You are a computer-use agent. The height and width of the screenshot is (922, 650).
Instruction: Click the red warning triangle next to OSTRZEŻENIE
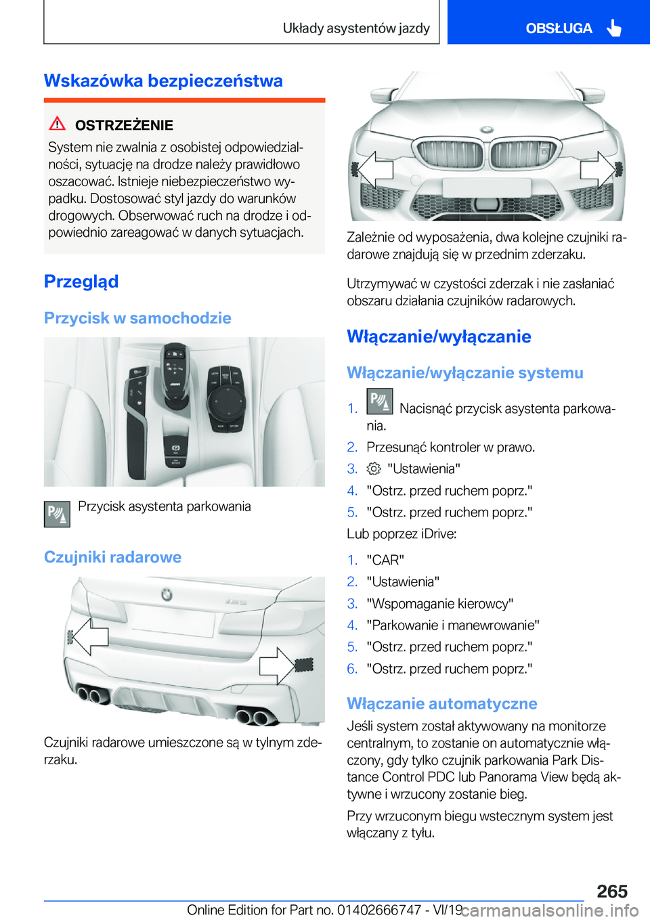point(58,124)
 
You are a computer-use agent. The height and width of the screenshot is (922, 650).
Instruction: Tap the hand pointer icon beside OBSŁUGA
point(614,28)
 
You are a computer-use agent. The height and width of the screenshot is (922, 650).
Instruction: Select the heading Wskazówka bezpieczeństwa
point(163,81)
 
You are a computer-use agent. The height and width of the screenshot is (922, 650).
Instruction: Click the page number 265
point(612,891)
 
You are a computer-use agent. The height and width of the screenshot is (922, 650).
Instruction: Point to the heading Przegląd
point(81,281)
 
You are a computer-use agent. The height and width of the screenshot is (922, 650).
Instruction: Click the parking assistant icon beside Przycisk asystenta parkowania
point(57,514)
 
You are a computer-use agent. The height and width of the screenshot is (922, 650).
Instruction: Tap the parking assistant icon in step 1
point(379,401)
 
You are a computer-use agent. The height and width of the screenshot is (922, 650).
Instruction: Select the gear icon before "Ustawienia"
point(374,468)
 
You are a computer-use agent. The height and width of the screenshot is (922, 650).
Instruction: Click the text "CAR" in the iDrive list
point(385,560)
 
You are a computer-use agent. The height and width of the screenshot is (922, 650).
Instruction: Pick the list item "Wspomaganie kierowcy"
point(439,603)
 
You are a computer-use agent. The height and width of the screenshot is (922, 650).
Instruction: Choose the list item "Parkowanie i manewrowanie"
point(452,625)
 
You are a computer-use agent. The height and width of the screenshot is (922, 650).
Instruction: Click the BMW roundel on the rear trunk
point(167,594)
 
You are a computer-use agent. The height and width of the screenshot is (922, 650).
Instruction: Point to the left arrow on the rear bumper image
point(89,636)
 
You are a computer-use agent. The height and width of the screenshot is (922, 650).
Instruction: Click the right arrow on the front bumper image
point(597,169)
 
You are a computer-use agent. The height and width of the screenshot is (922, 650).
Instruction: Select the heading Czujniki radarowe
point(112,557)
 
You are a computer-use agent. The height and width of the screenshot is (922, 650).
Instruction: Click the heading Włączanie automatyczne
point(441,703)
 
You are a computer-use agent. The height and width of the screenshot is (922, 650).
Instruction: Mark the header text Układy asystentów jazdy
point(356,28)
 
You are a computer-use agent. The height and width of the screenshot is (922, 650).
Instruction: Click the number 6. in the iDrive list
point(352,668)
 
